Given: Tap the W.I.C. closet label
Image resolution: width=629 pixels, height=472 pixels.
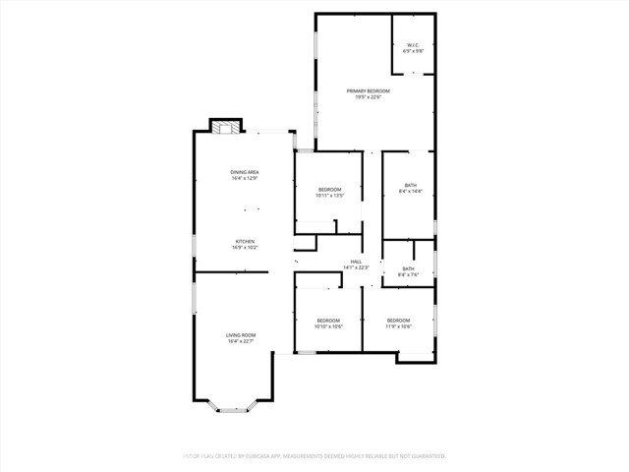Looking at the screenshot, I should [414, 43].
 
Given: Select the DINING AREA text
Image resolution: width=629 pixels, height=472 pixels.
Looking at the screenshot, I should [244, 173].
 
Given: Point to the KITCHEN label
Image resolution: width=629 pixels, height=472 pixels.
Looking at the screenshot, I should [244, 242].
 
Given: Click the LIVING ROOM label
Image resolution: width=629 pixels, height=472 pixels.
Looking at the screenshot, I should [242, 335].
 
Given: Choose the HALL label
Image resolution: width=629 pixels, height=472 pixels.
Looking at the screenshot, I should [356, 262].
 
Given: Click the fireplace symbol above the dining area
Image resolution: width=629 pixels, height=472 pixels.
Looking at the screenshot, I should [225, 127].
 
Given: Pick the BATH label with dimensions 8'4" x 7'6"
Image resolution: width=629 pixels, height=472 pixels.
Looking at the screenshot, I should [408, 268].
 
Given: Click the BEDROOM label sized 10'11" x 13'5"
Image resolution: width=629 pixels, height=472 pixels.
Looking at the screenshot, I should [329, 189].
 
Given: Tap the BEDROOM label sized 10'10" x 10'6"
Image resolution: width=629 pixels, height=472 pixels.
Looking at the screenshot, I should [328, 321].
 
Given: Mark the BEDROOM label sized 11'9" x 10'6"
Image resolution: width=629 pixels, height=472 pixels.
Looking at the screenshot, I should [398, 321].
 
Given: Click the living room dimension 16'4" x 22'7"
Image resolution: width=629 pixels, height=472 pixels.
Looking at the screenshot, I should [242, 342].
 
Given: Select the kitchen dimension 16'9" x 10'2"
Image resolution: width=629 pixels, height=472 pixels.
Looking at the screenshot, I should [244, 249].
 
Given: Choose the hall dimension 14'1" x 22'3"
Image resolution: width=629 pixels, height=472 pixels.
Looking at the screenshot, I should [356, 268].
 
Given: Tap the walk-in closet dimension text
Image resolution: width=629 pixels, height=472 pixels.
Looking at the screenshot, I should [414, 50].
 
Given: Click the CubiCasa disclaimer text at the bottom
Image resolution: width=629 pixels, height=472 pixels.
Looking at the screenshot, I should [314, 456].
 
